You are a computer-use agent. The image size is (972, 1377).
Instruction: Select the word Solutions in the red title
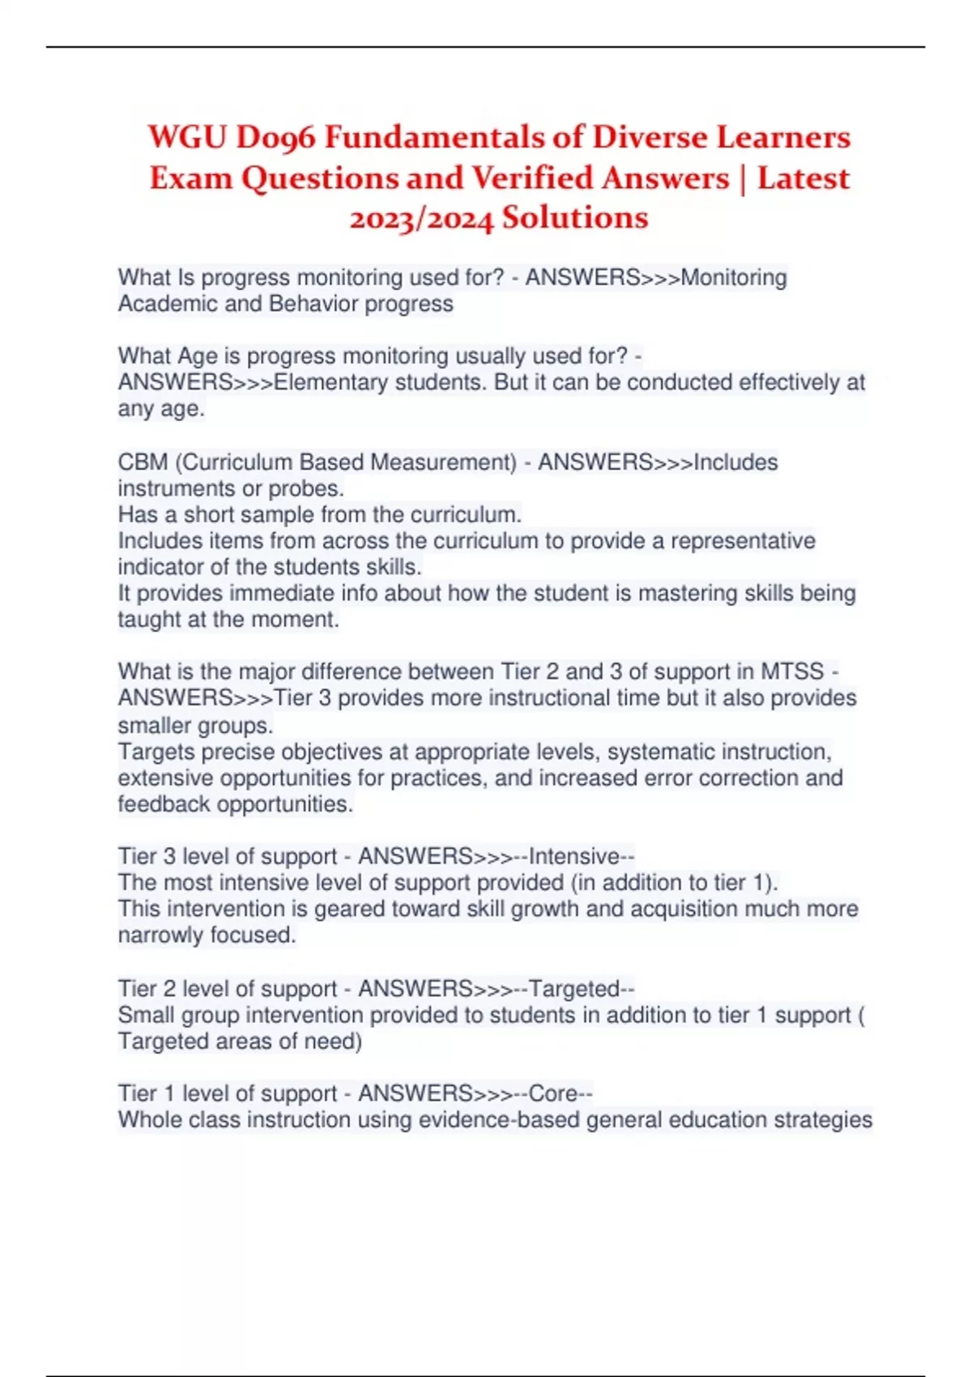pos(574,217)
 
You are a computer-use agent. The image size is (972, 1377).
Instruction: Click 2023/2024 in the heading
pos(421,219)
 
